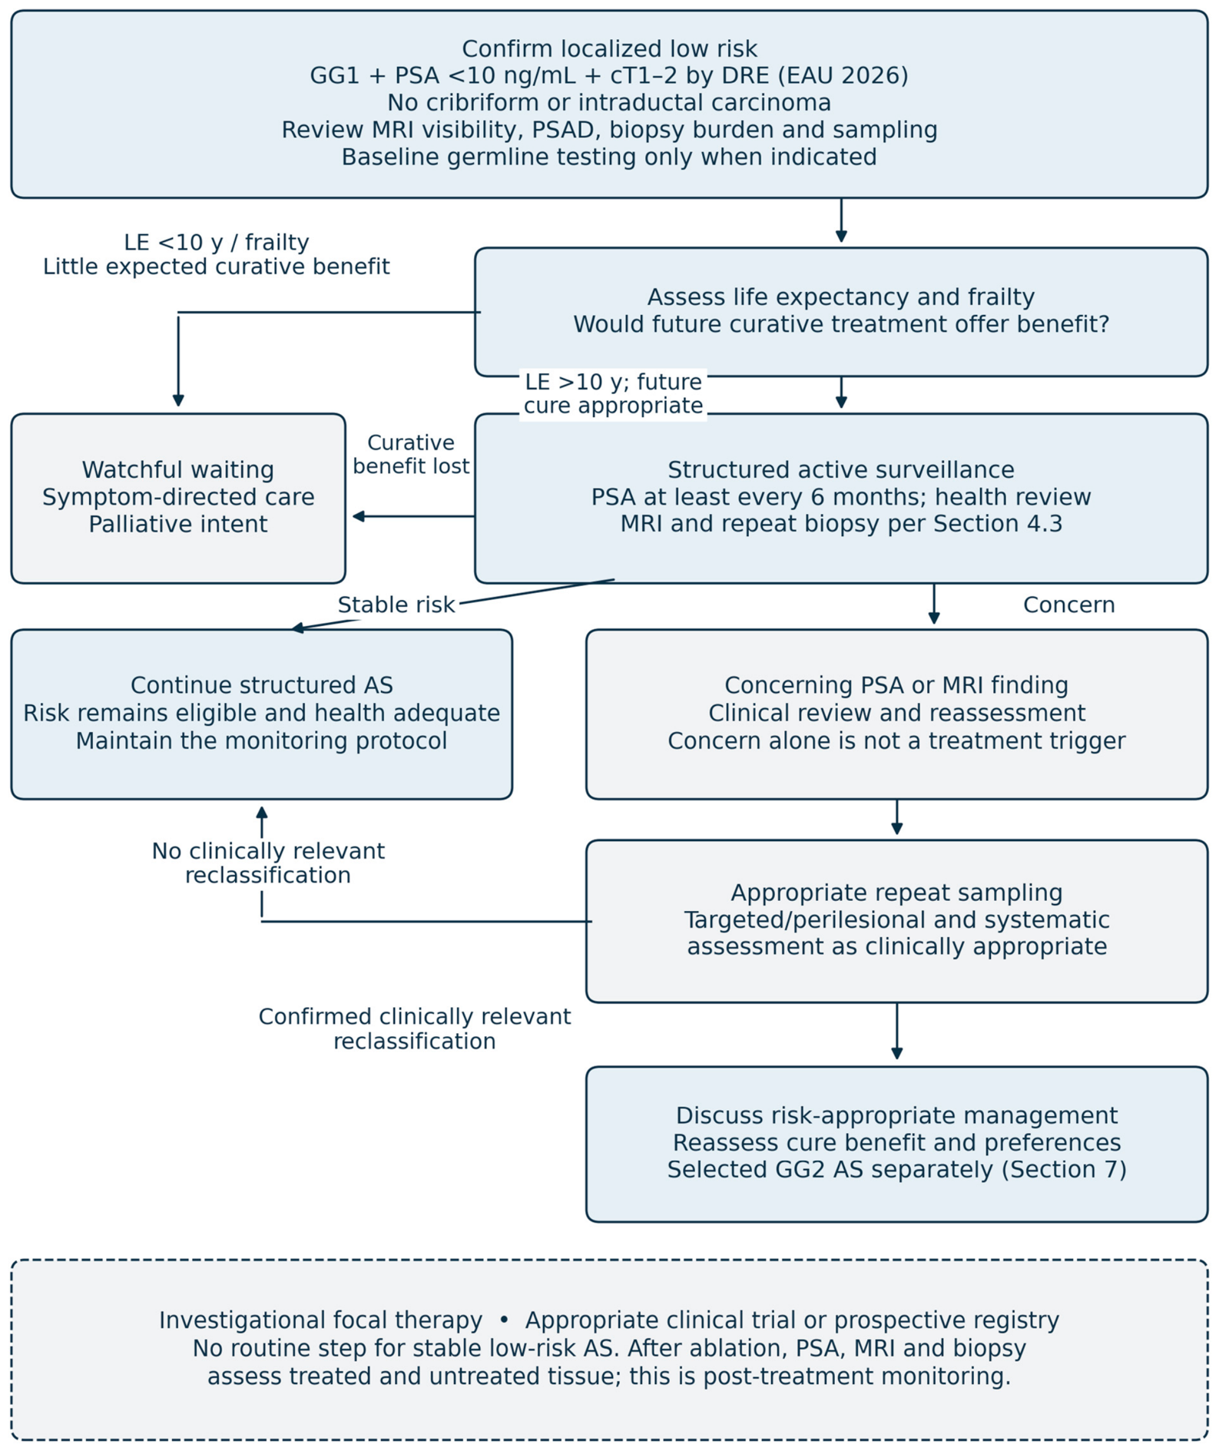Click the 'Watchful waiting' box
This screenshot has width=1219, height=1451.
[178, 498]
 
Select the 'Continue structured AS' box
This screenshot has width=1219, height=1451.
[261, 714]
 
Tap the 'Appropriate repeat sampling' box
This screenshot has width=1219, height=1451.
[896, 920]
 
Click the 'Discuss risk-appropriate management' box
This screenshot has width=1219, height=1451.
[896, 1143]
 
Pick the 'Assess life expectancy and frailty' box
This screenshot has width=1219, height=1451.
[841, 311]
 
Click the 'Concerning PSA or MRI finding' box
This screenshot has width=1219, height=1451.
[896, 714]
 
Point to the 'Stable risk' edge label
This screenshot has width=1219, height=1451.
[396, 605]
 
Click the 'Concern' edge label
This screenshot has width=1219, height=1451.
[1068, 605]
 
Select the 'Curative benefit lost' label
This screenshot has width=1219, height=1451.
[411, 454]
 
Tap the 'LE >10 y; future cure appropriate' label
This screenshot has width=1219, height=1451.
[613, 393]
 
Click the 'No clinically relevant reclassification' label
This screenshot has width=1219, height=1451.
[268, 863]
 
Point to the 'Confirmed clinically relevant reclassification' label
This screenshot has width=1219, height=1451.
[415, 1029]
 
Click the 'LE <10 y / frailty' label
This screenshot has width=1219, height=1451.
[217, 242]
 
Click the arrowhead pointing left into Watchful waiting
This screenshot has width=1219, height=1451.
[358, 516]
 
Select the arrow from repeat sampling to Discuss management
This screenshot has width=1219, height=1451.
[896, 1031]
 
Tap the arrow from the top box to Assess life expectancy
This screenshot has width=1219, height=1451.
[841, 220]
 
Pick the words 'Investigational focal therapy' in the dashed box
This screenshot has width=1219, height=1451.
[321, 1320]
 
